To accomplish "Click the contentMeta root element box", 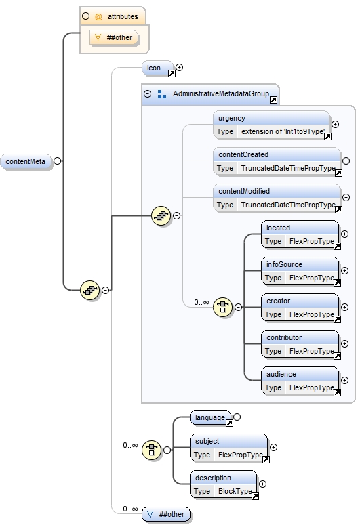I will [x=27, y=162].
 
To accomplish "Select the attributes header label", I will [x=122, y=16].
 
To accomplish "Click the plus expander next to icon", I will [x=180, y=68].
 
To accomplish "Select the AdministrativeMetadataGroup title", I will [x=220, y=94].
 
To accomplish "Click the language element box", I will [x=210, y=418].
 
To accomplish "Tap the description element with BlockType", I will [x=224, y=484].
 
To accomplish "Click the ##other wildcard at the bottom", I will [x=166, y=514].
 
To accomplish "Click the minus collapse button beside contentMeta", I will [x=58, y=161].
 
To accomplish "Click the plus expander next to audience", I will [x=344, y=381].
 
